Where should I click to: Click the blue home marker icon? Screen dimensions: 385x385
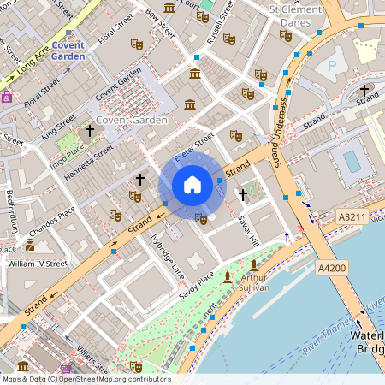coord(192,185)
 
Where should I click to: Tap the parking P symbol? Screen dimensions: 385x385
coord(332,65)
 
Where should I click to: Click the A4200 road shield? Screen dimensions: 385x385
coord(332,269)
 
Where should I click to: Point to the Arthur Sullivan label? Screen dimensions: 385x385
coord(255,283)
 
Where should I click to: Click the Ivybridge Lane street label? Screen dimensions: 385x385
coord(168,256)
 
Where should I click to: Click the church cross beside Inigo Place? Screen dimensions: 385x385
coord(90,130)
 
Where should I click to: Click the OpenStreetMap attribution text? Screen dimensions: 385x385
coord(86,379)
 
